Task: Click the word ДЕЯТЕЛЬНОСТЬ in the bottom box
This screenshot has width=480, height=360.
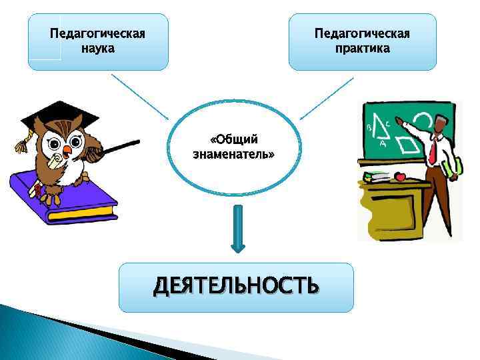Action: [236, 286]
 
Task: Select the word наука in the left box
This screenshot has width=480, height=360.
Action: [97, 49]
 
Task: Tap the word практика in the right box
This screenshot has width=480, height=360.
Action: [362, 49]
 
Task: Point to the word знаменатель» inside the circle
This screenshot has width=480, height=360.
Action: [233, 154]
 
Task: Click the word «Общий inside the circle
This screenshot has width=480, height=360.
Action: [233, 139]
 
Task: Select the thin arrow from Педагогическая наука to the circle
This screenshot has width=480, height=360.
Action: [141, 97]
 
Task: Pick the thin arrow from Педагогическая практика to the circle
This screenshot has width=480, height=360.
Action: [327, 97]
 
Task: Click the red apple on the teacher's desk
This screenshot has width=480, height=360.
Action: [400, 177]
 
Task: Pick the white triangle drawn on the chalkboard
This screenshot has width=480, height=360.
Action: [379, 126]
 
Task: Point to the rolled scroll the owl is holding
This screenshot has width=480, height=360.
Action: [57, 160]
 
